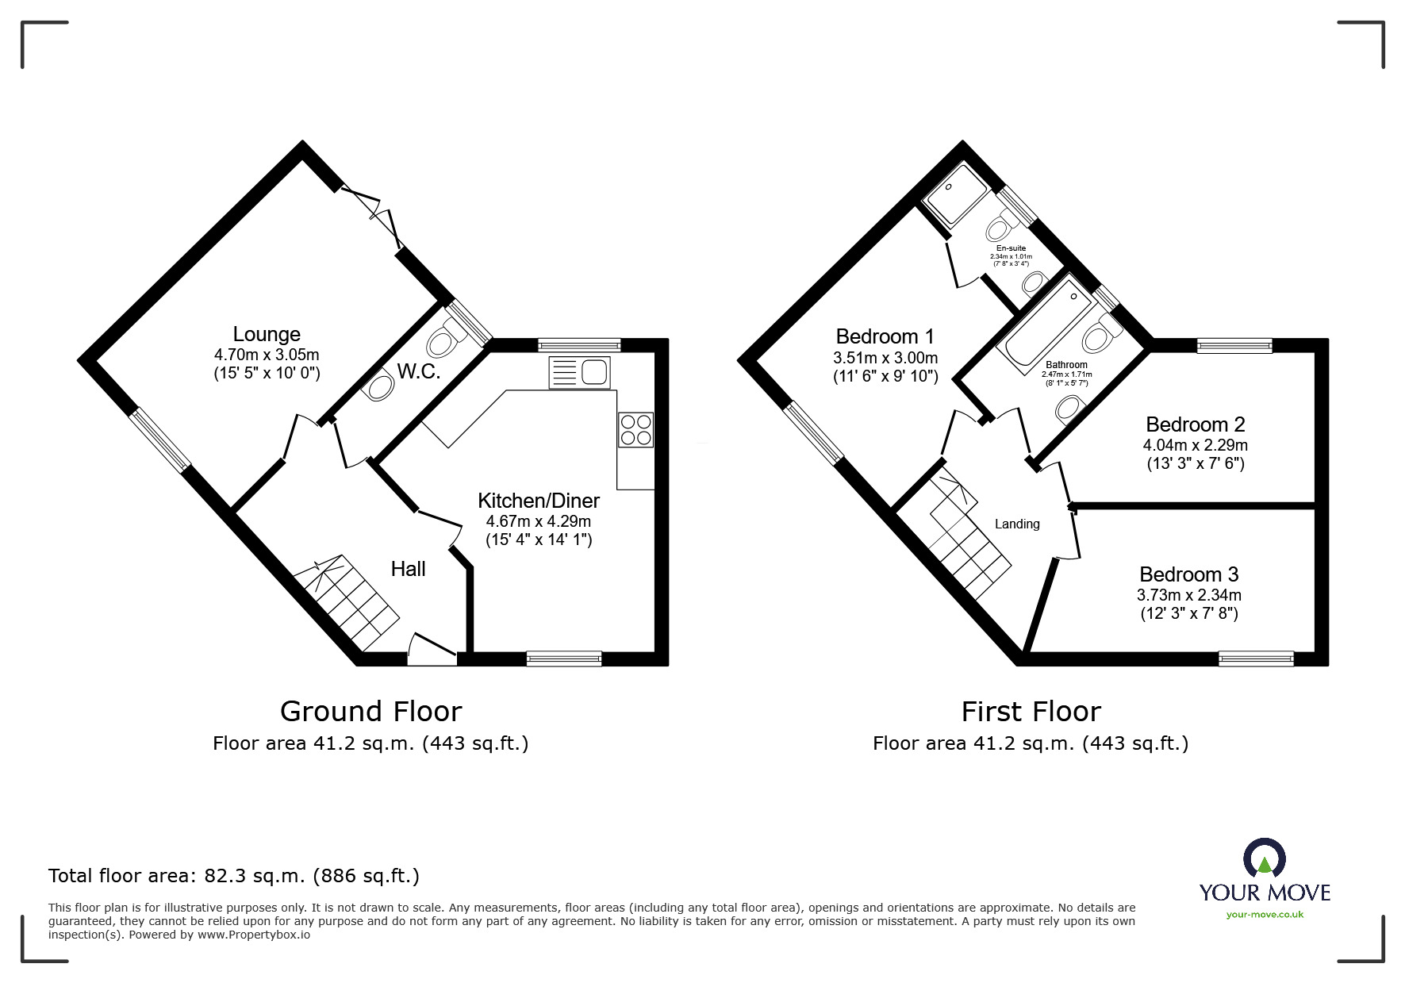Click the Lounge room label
click(x=267, y=334)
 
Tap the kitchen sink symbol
click(x=579, y=372)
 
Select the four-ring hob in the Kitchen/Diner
click(x=635, y=429)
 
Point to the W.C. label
click(x=419, y=371)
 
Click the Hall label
click(x=408, y=569)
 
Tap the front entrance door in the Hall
click(x=432, y=649)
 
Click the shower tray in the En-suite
click(x=956, y=194)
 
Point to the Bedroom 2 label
click(x=1195, y=424)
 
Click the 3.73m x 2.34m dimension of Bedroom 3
click(x=1188, y=595)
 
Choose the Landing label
click(x=1017, y=524)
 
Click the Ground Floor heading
click(x=370, y=711)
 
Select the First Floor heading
click(x=1031, y=711)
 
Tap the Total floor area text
click(x=234, y=876)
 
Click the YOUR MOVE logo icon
click(x=1264, y=858)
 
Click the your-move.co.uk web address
click(x=1265, y=915)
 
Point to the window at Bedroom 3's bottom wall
click(x=1256, y=658)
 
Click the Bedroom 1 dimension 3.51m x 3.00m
click(x=885, y=358)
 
